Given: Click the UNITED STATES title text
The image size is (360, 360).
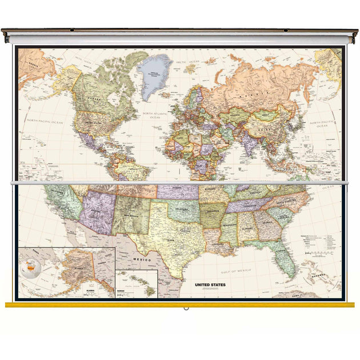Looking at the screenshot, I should click(x=210, y=284).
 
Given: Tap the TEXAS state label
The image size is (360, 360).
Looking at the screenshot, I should click(x=170, y=240).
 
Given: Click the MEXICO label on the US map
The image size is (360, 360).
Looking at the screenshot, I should click(x=142, y=259).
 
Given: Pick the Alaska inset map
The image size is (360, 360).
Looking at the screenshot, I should click(x=66, y=273).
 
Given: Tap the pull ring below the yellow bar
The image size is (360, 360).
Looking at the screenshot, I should click(x=186, y=309).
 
